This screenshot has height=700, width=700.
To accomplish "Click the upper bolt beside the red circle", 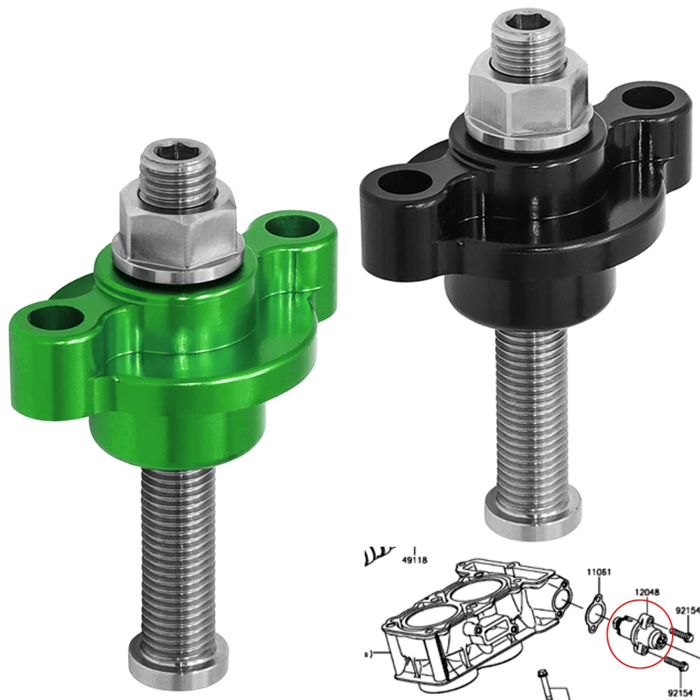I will coord(682,634).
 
